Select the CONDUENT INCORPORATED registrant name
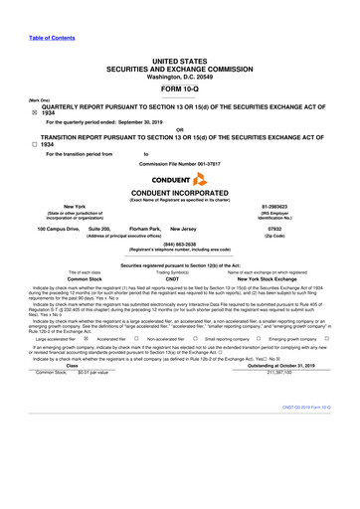tap(180, 193)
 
